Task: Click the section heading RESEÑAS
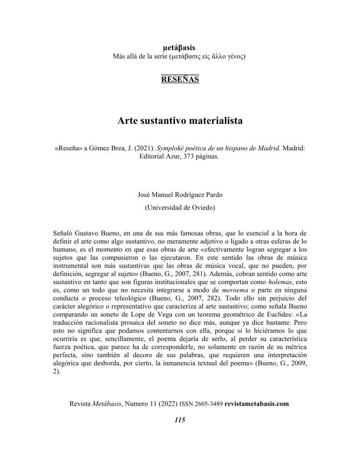180,79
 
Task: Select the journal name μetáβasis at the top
179,47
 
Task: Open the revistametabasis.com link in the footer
257,404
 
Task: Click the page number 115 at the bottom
180,420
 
